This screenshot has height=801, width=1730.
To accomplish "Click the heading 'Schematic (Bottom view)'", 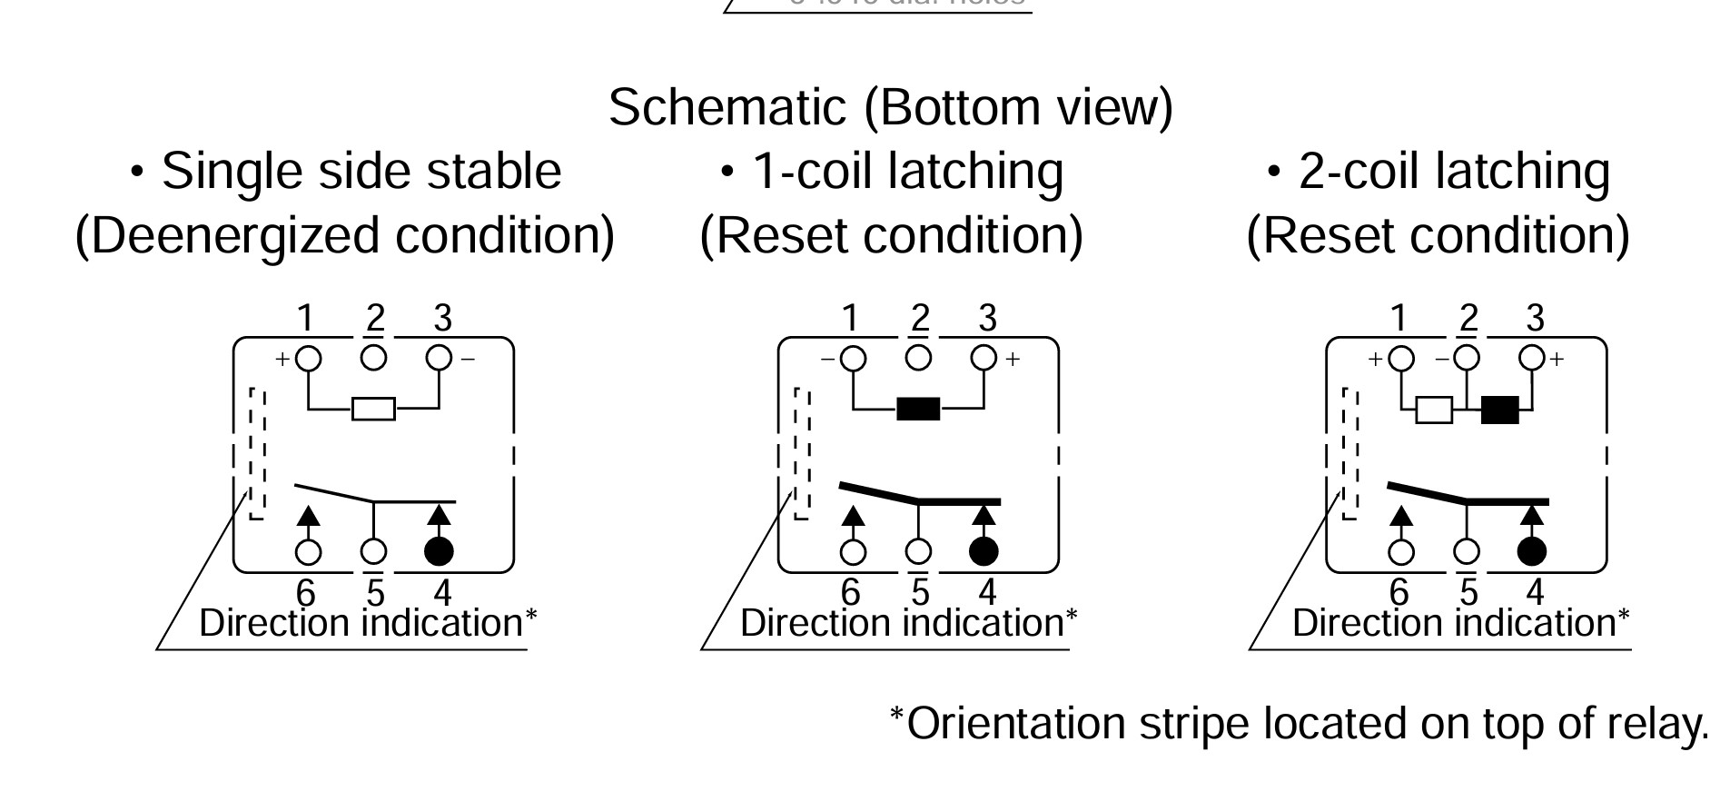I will pyautogui.click(x=890, y=107).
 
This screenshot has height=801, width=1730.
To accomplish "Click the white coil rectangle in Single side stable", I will pyautogui.click(x=373, y=409).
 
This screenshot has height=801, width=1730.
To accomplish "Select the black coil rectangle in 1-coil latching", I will pyautogui.click(x=918, y=409).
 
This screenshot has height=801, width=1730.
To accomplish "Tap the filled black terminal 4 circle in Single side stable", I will pyautogui.click(x=440, y=550).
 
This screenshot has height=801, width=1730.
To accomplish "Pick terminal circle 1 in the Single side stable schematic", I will pyautogui.click(x=309, y=358).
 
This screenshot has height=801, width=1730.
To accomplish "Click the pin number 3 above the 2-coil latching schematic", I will pyautogui.click(x=1535, y=319).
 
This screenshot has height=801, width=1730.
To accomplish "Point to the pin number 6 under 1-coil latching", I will pyautogui.click(x=850, y=592).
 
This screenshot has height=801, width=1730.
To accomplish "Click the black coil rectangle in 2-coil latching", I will pyautogui.click(x=1499, y=410).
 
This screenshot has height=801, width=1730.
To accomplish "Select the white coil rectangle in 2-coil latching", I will pyautogui.click(x=1434, y=410).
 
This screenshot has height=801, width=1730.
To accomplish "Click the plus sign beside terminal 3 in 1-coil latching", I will pyautogui.click(x=1013, y=359).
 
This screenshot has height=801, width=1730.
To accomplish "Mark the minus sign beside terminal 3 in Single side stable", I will pyautogui.click(x=468, y=359).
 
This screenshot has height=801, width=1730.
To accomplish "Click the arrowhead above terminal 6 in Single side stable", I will pyautogui.click(x=309, y=515).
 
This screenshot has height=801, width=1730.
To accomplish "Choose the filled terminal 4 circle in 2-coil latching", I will pyautogui.click(x=1532, y=550).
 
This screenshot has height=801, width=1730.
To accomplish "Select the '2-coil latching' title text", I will pyautogui.click(x=1453, y=171).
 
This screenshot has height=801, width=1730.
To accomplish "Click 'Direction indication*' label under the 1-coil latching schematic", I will pyautogui.click(x=908, y=624).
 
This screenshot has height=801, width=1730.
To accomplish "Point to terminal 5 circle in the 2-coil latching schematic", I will pyautogui.click(x=1467, y=551).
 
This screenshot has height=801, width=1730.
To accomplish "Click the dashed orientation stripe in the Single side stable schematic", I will pyautogui.click(x=258, y=454).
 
